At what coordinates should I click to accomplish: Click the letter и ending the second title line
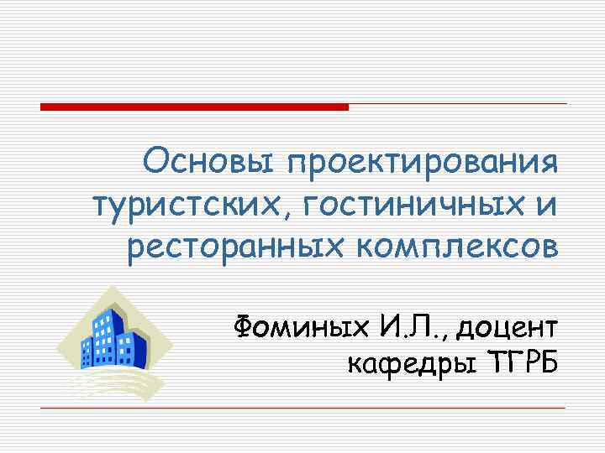click(x=546, y=202)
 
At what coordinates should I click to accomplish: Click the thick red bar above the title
click(x=193, y=107)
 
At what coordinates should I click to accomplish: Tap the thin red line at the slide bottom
click(x=302, y=408)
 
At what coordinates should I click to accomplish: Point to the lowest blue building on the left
click(x=88, y=352)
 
